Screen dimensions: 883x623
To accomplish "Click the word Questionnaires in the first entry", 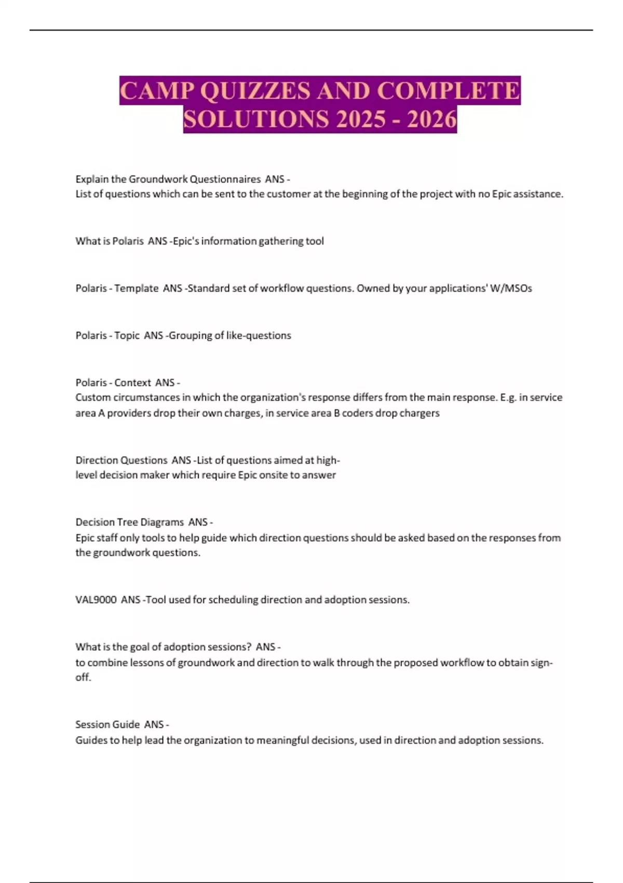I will point(225,179).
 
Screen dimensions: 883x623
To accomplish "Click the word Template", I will point(136,288).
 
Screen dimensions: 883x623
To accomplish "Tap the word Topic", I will point(127,336).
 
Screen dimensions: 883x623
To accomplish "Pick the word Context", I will point(132,383).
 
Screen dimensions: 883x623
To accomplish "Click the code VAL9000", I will point(96,600).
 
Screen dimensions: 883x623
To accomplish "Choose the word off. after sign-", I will point(83,678).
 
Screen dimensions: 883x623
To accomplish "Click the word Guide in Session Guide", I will point(126,725).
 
